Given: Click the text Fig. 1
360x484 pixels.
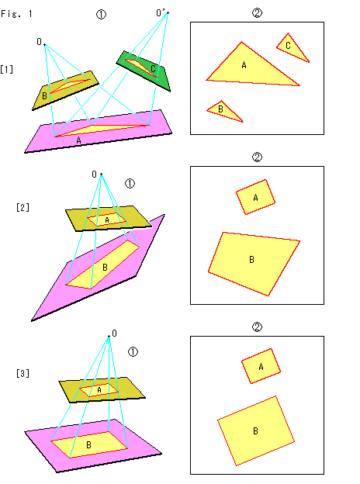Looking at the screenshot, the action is click(16, 14).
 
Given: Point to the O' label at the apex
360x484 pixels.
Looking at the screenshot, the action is click(161, 12).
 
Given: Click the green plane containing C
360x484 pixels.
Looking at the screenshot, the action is click(144, 71).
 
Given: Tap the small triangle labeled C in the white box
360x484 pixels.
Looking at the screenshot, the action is click(292, 48).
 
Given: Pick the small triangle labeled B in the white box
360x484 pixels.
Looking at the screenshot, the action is click(223, 111).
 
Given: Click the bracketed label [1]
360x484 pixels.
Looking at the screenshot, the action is click(7, 69).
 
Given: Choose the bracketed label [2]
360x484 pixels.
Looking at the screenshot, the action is click(22, 207).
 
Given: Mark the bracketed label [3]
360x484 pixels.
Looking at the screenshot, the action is click(22, 373).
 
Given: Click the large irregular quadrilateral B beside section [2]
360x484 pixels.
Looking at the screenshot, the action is click(254, 262).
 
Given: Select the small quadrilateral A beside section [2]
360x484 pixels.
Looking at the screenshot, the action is click(255, 197).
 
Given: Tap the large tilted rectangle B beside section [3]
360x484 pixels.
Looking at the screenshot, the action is click(256, 430).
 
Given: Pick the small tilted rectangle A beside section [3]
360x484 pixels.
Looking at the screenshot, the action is click(261, 366).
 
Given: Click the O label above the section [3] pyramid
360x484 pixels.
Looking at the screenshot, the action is click(115, 334).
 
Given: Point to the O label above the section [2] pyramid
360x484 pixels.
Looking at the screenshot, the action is click(94, 175).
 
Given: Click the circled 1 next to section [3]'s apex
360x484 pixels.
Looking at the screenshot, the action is click(133, 352).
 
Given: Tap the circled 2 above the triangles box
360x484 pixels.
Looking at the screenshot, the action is click(257, 12).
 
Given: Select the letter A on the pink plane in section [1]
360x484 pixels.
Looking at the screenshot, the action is click(78, 140).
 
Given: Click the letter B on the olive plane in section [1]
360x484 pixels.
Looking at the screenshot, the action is click(44, 96).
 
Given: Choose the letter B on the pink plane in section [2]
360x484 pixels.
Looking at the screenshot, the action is click(105, 267).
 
